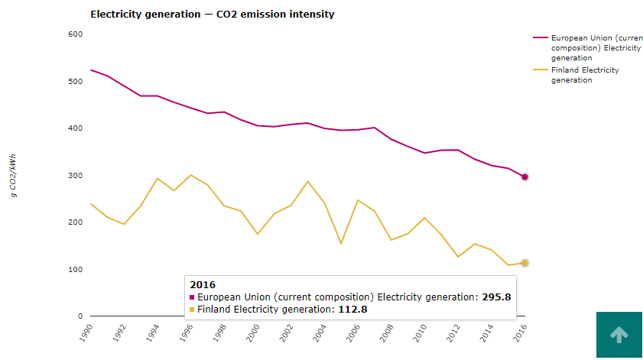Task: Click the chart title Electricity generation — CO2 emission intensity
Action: click(x=212, y=15)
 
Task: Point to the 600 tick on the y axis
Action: click(x=75, y=34)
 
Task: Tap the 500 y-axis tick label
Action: click(x=75, y=82)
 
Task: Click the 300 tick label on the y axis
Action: click(x=75, y=176)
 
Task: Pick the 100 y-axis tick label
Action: click(x=75, y=270)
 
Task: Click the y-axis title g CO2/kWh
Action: click(x=14, y=176)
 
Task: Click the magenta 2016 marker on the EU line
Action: click(x=524, y=177)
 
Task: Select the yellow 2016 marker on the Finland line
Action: click(x=524, y=263)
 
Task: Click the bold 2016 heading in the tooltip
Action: click(x=203, y=285)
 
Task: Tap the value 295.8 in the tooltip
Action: click(x=496, y=297)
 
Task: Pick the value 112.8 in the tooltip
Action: click(x=352, y=310)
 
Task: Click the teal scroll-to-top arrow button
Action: click(x=619, y=334)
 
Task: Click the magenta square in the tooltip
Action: click(x=192, y=297)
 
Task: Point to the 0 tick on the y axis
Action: click(x=80, y=316)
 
